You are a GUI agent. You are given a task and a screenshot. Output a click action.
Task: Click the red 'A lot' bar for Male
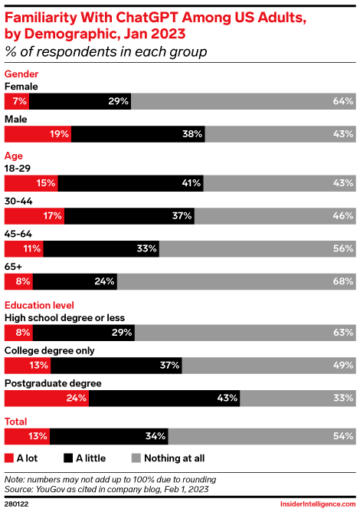pos(38,134)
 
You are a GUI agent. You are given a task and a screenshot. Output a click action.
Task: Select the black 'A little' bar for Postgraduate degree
pos(164,398)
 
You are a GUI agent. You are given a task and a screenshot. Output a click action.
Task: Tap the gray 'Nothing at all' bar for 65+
pos(236,281)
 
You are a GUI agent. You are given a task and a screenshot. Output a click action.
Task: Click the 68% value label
pos(343,281)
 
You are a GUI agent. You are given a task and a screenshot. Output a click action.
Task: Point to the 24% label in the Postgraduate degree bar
pos(74,398)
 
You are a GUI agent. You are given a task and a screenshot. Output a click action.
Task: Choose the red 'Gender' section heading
pos(21,74)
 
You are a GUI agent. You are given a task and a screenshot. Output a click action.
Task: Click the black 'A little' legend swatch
pos(69,458)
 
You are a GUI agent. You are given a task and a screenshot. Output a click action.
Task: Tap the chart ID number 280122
pos(17,503)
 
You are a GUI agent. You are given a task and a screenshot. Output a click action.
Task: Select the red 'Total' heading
pos(16,422)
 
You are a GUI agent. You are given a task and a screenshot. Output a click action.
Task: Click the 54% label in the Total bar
pos(343,436)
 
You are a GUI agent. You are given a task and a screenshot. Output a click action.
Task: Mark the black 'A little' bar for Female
pos(80,101)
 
